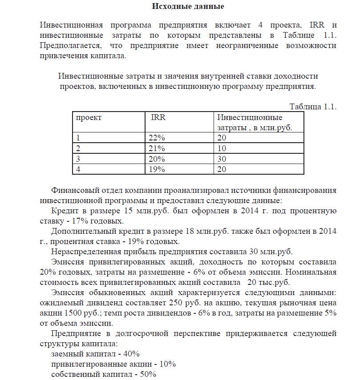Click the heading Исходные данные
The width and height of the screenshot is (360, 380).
point(188,6)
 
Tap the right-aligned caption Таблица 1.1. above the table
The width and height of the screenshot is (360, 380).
point(313,107)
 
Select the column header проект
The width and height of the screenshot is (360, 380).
point(89,118)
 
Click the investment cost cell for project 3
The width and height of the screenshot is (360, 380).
point(222,159)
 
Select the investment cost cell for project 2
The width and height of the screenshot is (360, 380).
point(222,148)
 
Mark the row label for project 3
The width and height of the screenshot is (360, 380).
point(78,159)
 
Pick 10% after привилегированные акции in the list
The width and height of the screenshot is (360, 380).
point(167,364)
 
